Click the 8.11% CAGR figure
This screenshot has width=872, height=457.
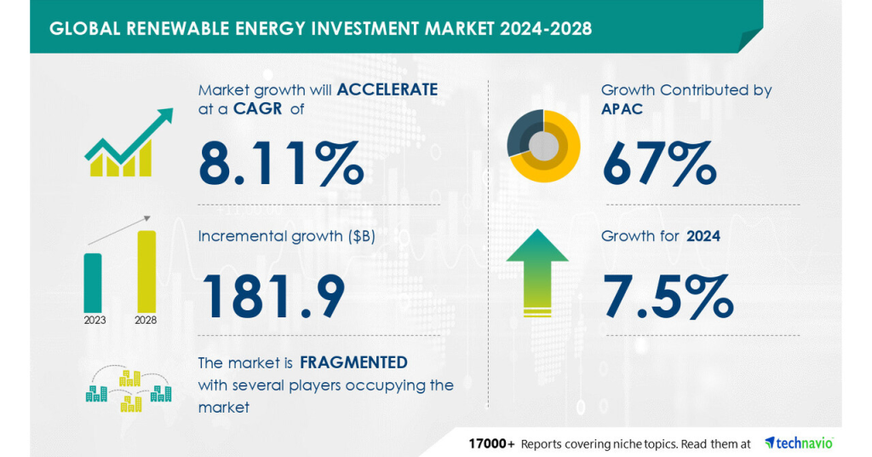(281, 165)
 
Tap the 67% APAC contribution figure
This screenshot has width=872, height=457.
(658, 165)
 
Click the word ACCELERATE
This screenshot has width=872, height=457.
(387, 90)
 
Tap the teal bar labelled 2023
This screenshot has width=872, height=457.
(93, 281)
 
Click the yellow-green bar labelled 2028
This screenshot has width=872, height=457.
(146, 270)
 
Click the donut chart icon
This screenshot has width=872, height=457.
(543, 146)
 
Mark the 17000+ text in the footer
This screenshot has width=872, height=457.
(491, 443)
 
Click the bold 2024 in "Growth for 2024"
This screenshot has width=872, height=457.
(703, 236)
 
